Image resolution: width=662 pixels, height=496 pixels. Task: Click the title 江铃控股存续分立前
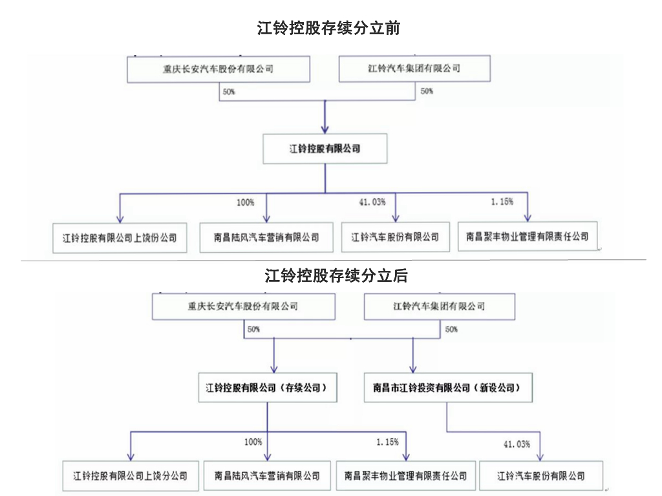click(x=328, y=28)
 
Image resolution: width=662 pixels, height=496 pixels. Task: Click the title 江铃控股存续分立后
click(x=336, y=276)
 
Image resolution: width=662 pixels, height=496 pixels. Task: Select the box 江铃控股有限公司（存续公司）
click(x=268, y=387)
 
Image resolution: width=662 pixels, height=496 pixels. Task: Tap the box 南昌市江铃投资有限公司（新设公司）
click(x=448, y=387)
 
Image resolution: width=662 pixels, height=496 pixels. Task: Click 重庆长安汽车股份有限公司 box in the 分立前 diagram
click(x=219, y=69)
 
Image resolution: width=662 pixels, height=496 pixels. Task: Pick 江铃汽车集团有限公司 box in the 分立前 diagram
click(x=414, y=69)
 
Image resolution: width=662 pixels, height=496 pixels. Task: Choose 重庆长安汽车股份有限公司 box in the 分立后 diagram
click(x=244, y=307)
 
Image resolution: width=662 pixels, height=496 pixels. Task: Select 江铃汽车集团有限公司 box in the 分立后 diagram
click(x=440, y=307)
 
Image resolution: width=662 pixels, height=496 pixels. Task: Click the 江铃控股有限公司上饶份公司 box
click(x=120, y=238)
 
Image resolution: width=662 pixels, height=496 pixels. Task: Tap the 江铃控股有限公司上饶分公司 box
click(x=131, y=476)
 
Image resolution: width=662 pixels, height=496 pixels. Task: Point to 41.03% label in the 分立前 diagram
click(x=372, y=202)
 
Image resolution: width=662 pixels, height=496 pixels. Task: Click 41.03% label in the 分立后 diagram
click(x=517, y=444)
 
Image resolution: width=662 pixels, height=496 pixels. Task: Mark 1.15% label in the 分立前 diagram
click(x=502, y=202)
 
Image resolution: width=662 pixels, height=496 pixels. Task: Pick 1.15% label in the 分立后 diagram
click(x=388, y=442)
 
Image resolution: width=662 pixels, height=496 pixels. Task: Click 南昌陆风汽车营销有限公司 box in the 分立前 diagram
click(x=266, y=237)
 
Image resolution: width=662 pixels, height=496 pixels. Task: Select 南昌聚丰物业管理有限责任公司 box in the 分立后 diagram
click(x=406, y=476)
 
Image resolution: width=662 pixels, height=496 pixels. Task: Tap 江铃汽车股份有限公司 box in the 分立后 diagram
click(x=541, y=476)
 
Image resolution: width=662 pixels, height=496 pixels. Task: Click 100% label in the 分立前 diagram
click(x=245, y=202)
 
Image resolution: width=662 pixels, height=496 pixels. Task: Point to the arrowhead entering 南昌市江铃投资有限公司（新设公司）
click(x=413, y=369)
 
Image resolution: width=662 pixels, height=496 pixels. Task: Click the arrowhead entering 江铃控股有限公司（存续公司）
click(x=274, y=369)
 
